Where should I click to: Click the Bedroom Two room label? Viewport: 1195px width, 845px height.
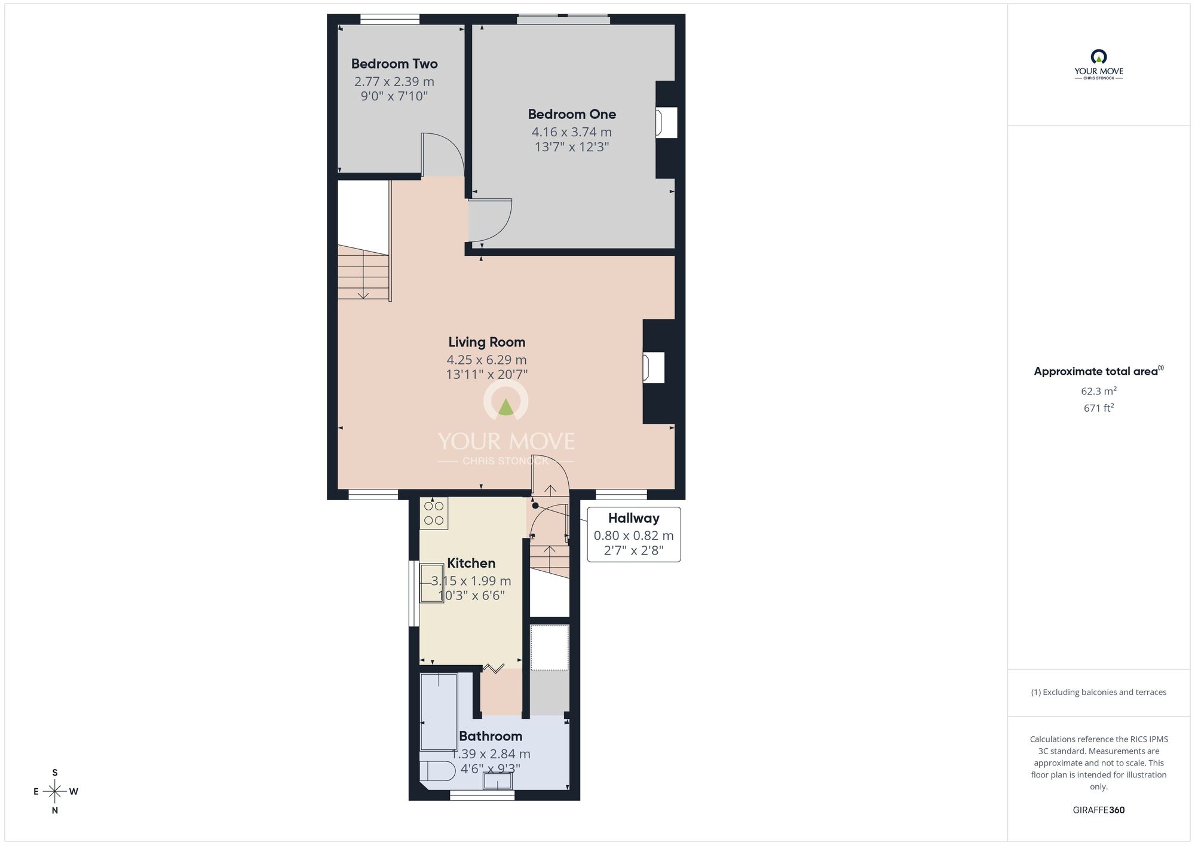(394, 64)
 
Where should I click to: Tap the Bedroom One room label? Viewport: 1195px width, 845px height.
(572, 114)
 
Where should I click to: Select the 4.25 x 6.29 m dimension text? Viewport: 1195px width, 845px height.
(486, 360)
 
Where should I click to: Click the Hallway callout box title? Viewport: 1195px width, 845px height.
(633, 518)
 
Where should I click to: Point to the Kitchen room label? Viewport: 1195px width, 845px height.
(471, 563)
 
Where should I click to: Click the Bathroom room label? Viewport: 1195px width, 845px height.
(490, 736)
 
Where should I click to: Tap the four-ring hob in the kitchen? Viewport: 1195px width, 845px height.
(434, 513)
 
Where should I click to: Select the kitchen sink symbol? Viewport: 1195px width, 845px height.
(431, 583)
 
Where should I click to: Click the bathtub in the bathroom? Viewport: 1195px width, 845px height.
(439, 711)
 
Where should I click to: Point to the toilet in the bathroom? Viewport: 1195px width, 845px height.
(436, 771)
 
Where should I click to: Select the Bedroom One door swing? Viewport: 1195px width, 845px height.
(490, 220)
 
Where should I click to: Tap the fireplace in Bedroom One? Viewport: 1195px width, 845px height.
(666, 123)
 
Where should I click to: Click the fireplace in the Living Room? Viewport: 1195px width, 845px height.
(654, 368)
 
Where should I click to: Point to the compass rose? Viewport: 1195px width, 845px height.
(55, 792)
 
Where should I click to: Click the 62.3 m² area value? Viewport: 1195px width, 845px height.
(1098, 391)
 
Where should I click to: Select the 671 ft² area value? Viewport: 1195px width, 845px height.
(1098, 408)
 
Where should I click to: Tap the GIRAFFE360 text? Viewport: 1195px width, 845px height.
(1098, 810)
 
